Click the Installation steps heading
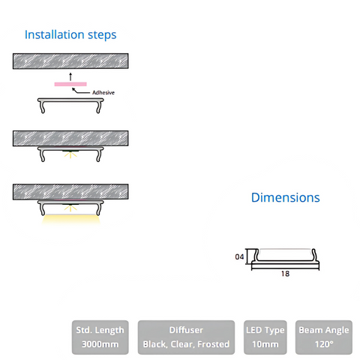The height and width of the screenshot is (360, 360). [70, 34]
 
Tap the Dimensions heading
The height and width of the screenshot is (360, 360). [286, 197]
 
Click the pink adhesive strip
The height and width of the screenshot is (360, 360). [70, 84]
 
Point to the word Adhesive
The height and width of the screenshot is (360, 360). [103, 92]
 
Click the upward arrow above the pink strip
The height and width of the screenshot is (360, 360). [70, 76]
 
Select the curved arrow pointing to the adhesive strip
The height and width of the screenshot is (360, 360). [80, 91]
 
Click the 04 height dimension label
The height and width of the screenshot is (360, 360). [239, 256]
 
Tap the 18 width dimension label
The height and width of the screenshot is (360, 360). [285, 274]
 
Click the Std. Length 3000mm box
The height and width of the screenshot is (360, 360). [100, 337]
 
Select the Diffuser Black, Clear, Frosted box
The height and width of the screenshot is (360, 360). [186, 337]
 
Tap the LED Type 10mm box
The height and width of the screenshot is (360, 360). [265, 337]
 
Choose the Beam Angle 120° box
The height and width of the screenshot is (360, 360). [324, 337]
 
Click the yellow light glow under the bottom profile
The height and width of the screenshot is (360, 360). [70, 220]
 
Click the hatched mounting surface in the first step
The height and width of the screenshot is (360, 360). [70, 61]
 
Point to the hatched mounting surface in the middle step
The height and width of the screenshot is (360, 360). [70, 138]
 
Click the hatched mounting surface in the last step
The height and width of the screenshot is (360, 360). [70, 192]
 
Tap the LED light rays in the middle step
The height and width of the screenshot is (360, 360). [70, 155]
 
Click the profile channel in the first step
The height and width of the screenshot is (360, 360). [70, 100]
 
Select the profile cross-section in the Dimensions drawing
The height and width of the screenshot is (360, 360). [285, 262]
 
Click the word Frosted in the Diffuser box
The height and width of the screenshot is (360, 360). [213, 344]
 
